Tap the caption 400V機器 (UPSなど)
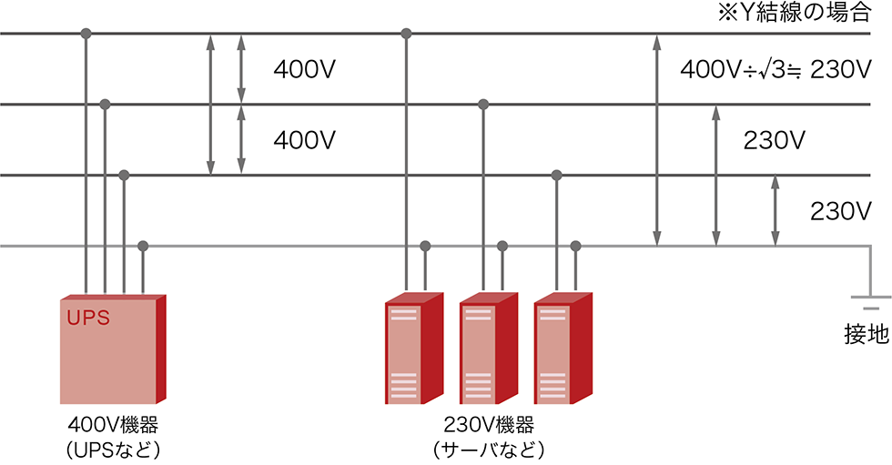coord(114,437)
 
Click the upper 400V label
coord(305,69)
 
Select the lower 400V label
coord(305,140)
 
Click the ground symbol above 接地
coord(864,302)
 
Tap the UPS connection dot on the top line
coord(86,34)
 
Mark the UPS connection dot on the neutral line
coord(143,246)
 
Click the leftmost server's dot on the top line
coord(406,34)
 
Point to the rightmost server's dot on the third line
coord(556,175)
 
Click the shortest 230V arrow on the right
coord(775,210)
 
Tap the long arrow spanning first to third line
coord(210,105)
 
